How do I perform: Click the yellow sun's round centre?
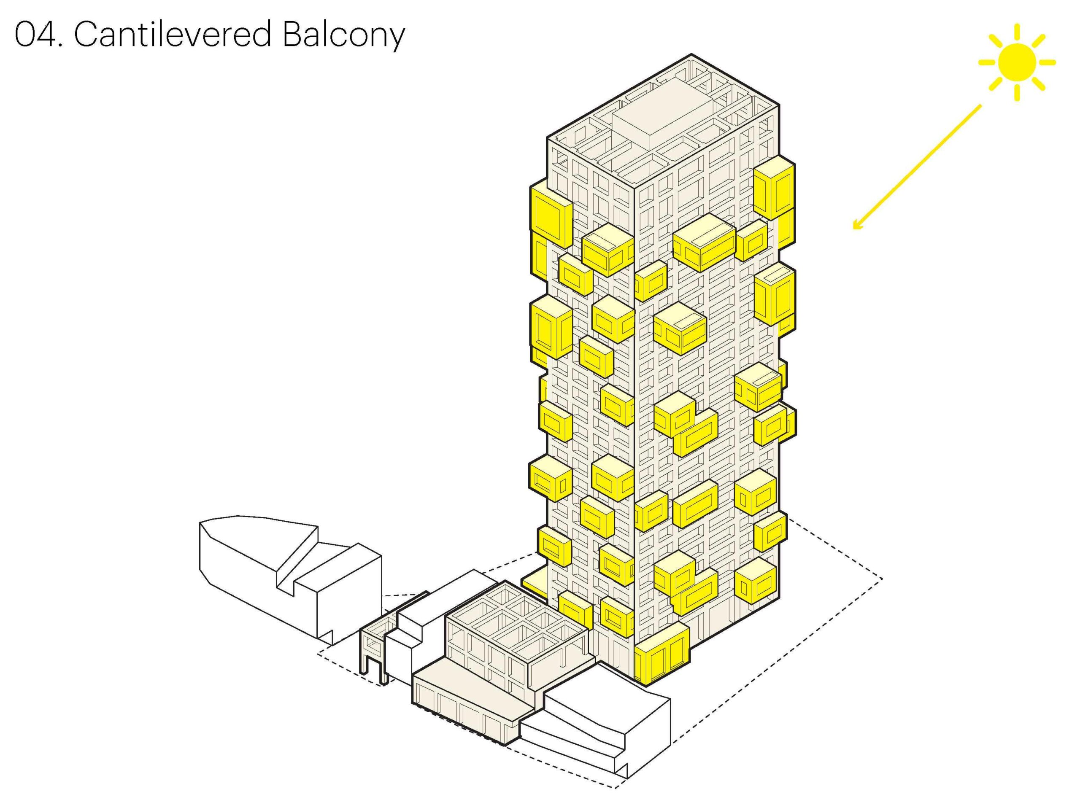[1017, 62]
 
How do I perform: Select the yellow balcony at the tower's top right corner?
[774, 188]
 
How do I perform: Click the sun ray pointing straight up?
[1017, 33]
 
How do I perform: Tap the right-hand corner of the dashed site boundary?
[882, 579]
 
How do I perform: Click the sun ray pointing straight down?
[1017, 93]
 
